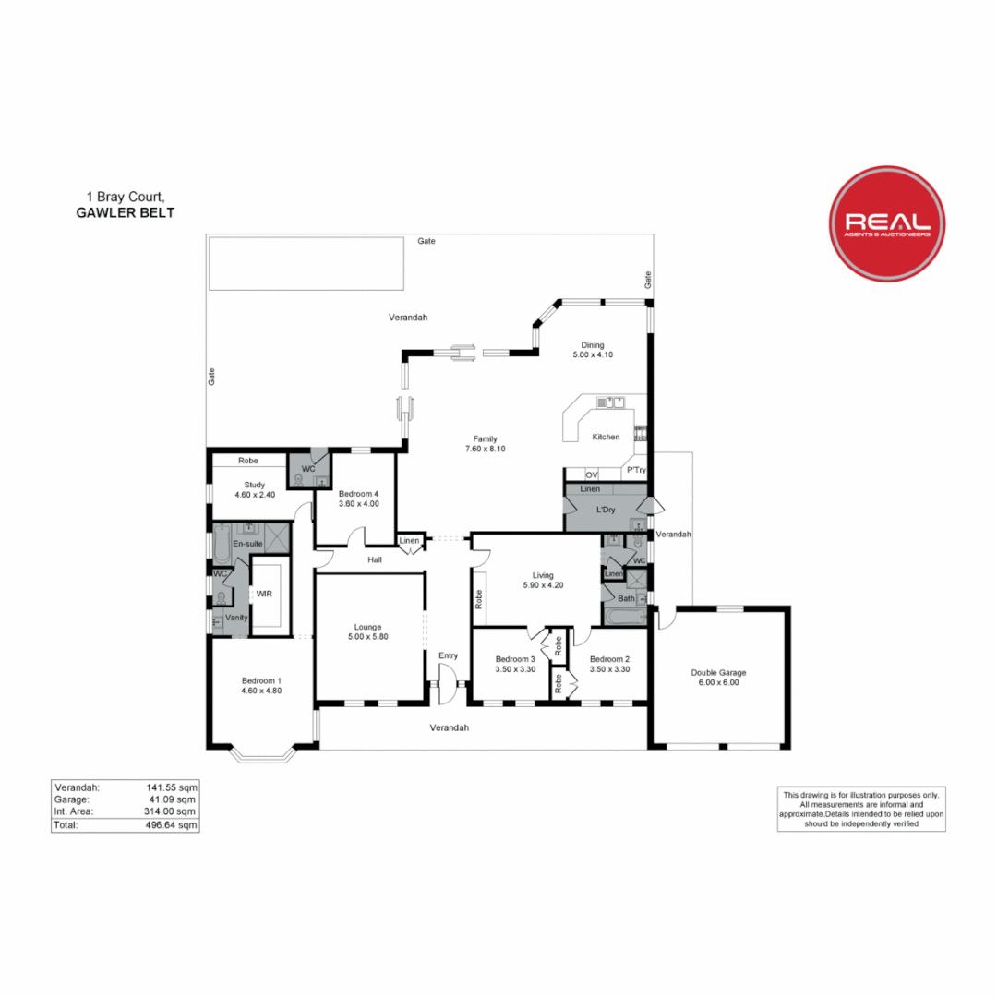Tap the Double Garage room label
[x=718, y=672]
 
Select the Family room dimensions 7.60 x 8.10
[x=485, y=449]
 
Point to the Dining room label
[x=593, y=345]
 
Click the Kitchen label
[x=606, y=437]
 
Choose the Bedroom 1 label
[x=260, y=679]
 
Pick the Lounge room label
[x=366, y=627]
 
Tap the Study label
[x=255, y=484]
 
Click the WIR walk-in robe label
[x=264, y=594]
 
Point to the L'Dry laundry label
[x=606, y=510]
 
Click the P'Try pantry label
[x=636, y=470]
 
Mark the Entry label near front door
[x=449, y=655]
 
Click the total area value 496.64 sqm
[x=171, y=824]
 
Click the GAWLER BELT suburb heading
[x=125, y=212]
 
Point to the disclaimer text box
[x=860, y=809]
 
